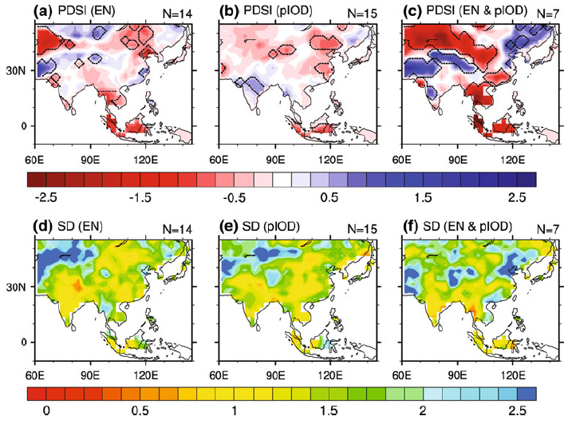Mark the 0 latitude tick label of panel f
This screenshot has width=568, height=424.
pos(392,342)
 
